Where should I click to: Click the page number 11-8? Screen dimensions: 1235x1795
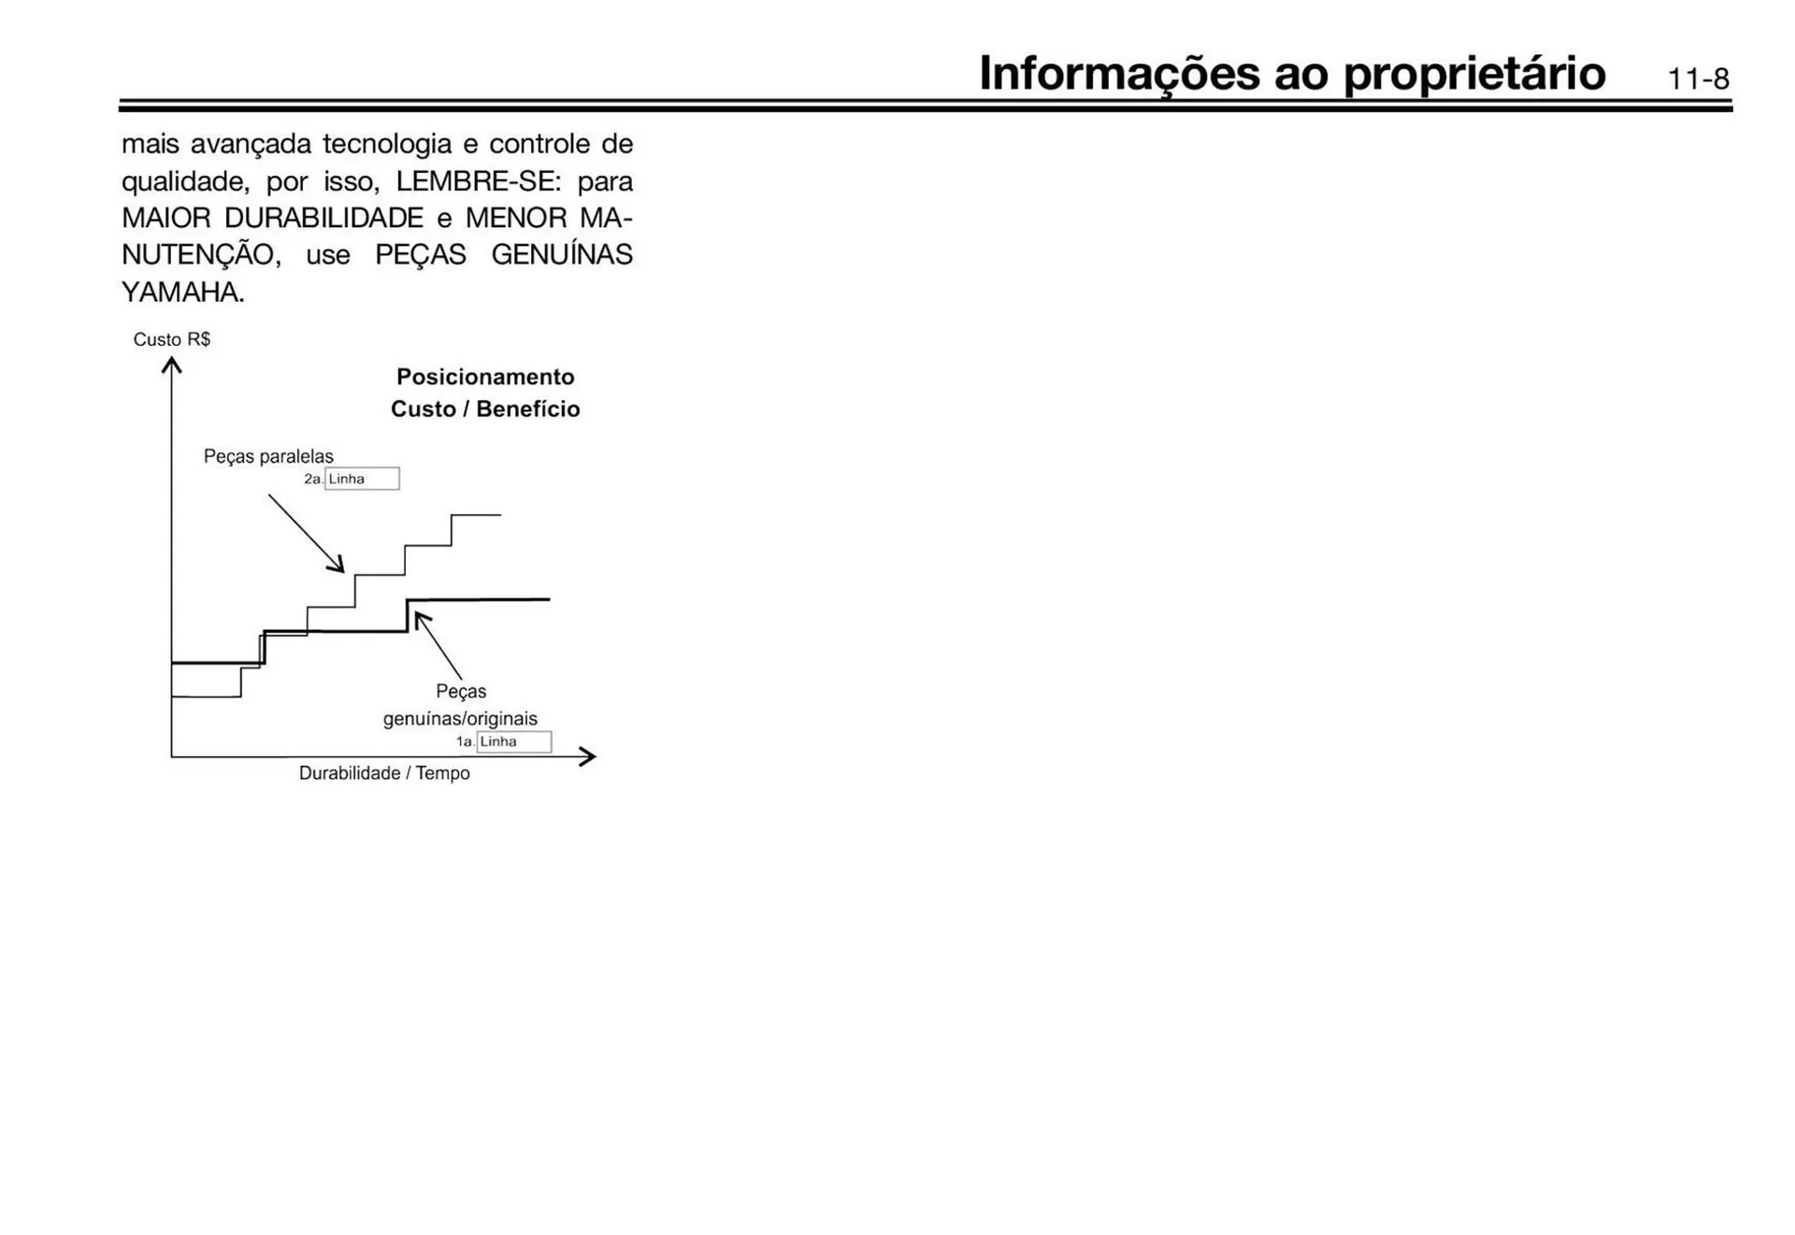coord(1698,79)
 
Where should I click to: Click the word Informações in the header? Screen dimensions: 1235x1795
coord(1119,74)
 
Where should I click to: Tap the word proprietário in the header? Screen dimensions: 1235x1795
coord(1474,74)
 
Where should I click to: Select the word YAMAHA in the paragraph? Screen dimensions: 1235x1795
coord(182,293)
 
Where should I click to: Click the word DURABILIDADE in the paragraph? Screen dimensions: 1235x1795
coord(323,218)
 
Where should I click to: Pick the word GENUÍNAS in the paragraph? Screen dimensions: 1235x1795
coord(561,254)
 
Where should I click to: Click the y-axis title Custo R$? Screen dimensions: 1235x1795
coord(172,339)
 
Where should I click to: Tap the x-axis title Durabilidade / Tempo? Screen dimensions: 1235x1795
coord(384,773)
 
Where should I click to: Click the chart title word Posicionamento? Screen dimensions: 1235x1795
coord(485,377)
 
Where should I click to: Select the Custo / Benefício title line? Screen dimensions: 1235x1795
coord(485,409)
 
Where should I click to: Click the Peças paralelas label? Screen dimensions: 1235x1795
coord(268,456)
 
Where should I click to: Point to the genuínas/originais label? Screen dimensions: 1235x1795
coord(460,719)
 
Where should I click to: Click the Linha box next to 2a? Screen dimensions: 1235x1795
coord(362,479)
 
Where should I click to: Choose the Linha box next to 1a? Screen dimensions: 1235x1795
coord(513,741)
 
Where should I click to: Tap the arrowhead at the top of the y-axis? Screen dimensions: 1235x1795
coord(171,365)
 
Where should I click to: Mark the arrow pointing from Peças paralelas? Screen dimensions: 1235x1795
coord(306,533)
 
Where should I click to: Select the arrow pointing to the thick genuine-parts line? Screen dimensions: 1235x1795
coord(438,645)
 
